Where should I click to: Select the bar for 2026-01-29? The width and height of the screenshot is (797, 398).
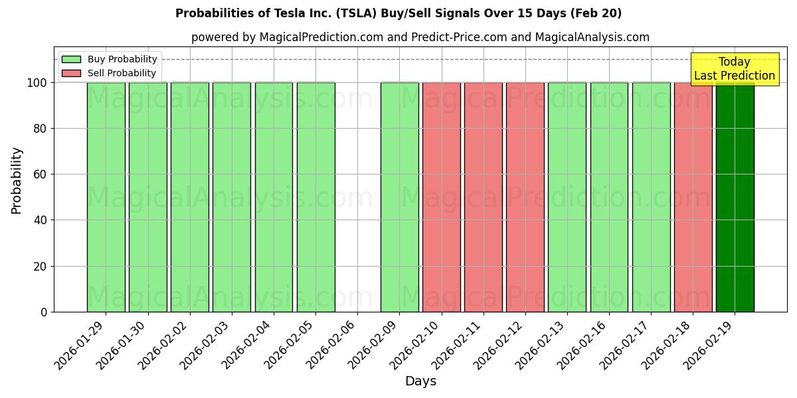point(106,197)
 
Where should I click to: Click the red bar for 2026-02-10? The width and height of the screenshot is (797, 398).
point(442,197)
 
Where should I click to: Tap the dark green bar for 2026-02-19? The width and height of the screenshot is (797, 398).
point(735,197)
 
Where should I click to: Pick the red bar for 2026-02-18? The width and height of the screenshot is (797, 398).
point(693,197)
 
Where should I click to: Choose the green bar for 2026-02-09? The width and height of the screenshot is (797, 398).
point(399,197)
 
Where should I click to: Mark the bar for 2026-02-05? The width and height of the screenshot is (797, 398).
point(315,197)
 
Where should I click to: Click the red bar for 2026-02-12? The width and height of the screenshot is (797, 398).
point(525,197)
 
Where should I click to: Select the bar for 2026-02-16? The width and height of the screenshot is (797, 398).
point(609,197)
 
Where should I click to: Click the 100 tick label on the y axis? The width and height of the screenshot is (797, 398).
point(37,83)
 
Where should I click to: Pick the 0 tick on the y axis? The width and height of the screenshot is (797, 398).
point(44,312)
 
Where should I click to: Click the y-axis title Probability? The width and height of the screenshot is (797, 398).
point(17,180)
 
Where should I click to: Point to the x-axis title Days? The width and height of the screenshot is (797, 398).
point(420,381)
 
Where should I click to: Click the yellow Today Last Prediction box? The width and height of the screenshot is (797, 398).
point(735,69)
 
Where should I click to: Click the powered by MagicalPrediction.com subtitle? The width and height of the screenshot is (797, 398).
point(420,37)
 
